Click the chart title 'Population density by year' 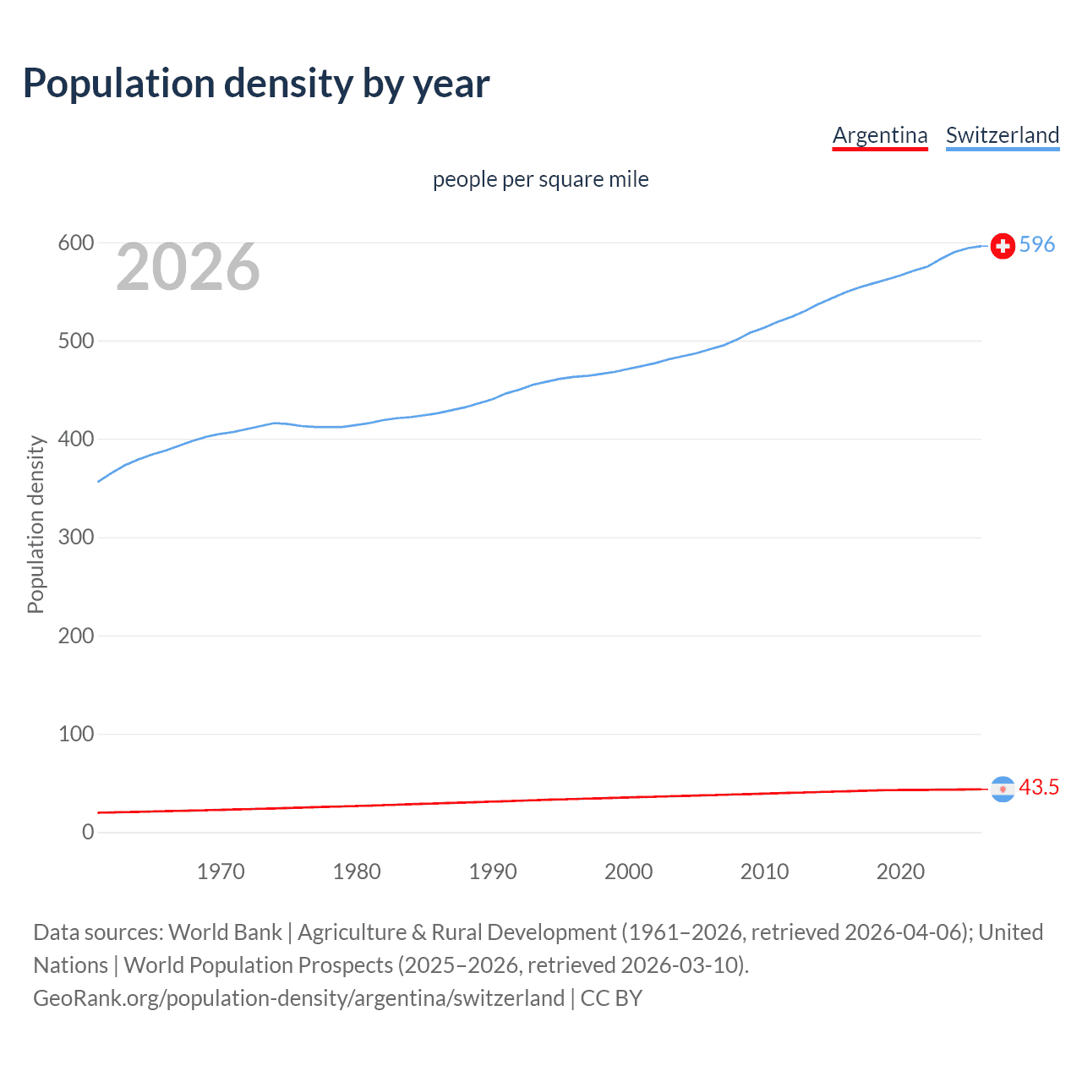click(x=256, y=84)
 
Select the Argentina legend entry click(x=880, y=135)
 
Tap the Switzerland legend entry click(x=1002, y=135)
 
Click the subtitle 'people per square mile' click(x=540, y=179)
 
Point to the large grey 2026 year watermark click(x=188, y=267)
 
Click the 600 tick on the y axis click(x=75, y=243)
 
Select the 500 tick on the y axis click(x=75, y=342)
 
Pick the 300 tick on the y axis click(x=75, y=538)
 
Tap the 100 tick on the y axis click(x=75, y=734)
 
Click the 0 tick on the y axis click(x=88, y=832)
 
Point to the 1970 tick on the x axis click(x=221, y=872)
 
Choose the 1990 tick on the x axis click(x=493, y=872)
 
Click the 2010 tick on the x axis click(x=764, y=872)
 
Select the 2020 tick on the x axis click(x=900, y=872)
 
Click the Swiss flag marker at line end click(x=1003, y=246)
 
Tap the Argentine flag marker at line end click(x=1003, y=789)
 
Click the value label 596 click(x=1037, y=245)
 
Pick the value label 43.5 click(x=1039, y=788)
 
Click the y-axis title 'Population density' click(x=36, y=524)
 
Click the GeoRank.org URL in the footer click(x=298, y=998)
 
